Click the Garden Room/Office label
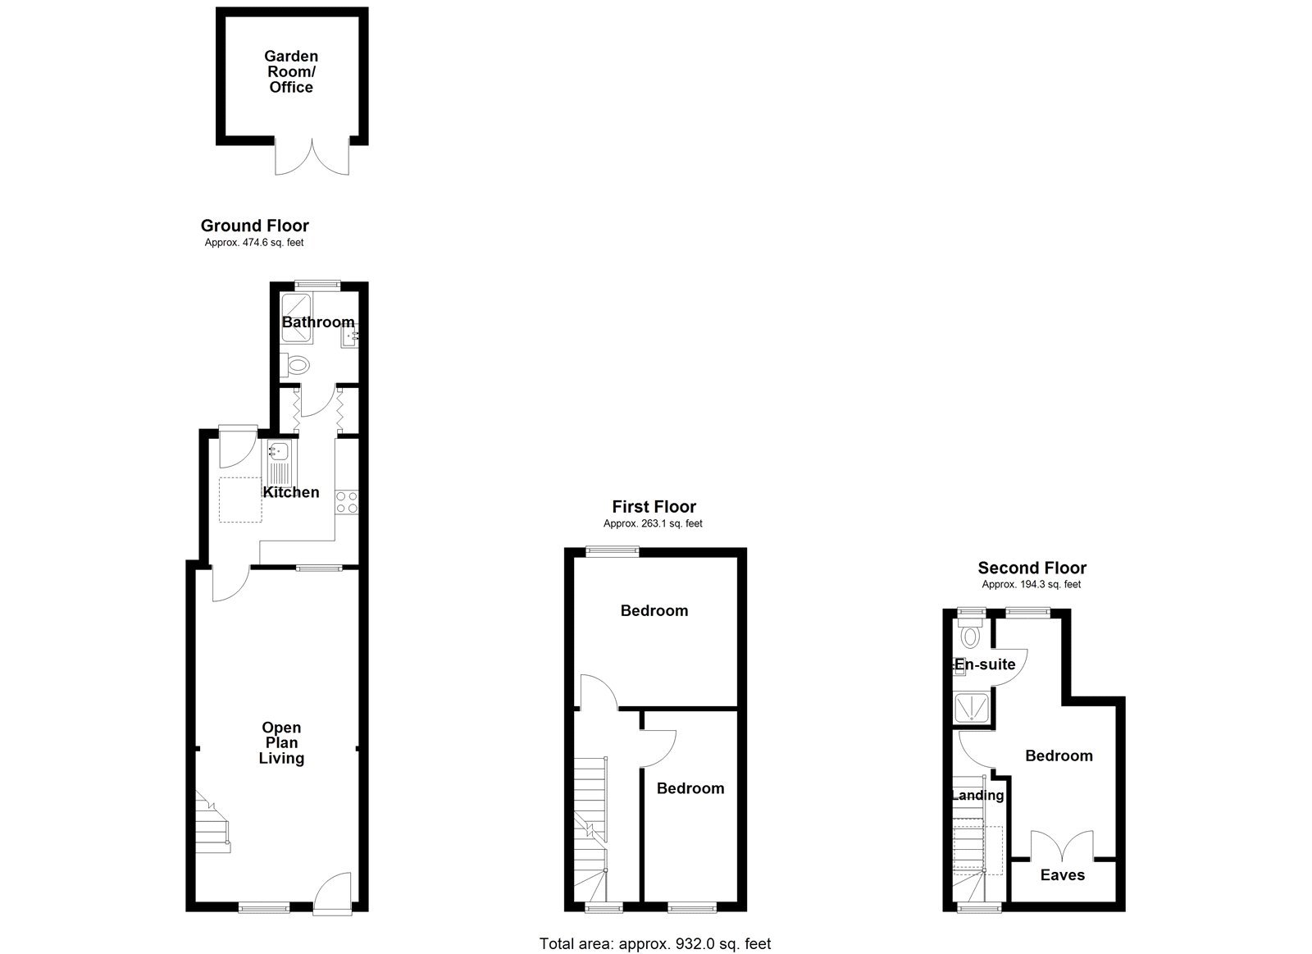[291, 71]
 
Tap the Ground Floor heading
[254, 226]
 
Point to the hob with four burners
[347, 501]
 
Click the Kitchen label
[291, 492]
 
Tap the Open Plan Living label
[281, 742]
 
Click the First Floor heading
[654, 507]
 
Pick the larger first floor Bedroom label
[654, 610]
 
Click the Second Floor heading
[1032, 568]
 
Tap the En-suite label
[985, 664]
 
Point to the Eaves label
[1062, 875]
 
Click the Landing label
[977, 795]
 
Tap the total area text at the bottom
[654, 944]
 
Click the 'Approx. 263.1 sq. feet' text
[653, 523]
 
